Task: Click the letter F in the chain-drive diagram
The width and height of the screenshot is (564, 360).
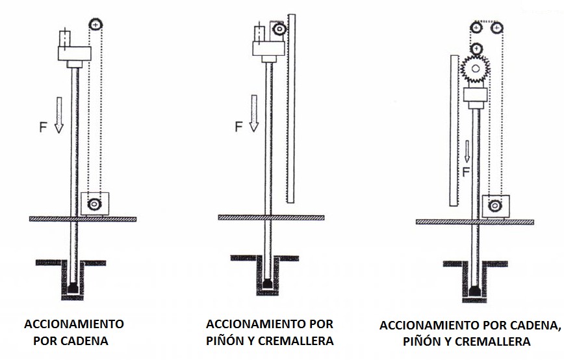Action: pyautogui.click(x=43, y=127)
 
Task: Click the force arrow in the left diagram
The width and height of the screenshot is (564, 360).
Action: pyautogui.click(x=59, y=115)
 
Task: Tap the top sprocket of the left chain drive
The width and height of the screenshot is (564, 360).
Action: pyautogui.click(x=96, y=25)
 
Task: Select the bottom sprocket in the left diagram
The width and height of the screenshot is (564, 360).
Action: pyautogui.click(x=94, y=204)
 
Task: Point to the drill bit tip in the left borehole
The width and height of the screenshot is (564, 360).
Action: pyautogui.click(x=73, y=287)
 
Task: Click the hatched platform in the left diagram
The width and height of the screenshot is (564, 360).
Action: pyautogui.click(x=83, y=219)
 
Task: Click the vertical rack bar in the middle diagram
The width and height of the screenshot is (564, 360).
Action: pyautogui.click(x=291, y=109)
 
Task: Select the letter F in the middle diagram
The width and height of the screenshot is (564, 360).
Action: pyautogui.click(x=238, y=127)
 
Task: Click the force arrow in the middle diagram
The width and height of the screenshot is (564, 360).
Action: pyautogui.click(x=254, y=113)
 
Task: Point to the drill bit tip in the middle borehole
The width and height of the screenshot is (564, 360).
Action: pyautogui.click(x=267, y=284)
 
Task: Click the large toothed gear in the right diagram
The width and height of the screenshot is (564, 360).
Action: pyautogui.click(x=476, y=68)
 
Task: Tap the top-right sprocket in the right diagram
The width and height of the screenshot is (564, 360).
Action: pyautogui.click(x=497, y=27)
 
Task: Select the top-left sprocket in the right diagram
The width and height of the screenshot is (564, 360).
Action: pyautogui.click(x=476, y=27)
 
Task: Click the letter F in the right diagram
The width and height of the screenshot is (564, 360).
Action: pyautogui.click(x=466, y=172)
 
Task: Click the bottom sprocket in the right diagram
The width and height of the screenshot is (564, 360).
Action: pyautogui.click(x=495, y=206)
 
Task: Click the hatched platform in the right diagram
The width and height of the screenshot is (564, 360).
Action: pyautogui.click(x=475, y=222)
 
